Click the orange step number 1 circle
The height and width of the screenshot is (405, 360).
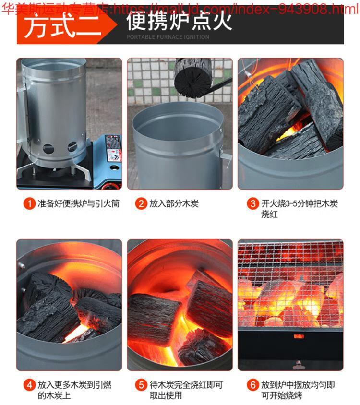pos(29,203)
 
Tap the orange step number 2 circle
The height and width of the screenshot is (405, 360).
pos(141,203)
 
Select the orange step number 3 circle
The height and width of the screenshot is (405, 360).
pos(253,203)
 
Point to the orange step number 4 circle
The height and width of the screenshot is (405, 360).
pos(29,385)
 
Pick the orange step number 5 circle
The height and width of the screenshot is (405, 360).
pos(141,385)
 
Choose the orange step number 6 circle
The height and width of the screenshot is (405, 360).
pos(253,385)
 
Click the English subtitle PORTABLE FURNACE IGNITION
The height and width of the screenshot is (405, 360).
pos(168,37)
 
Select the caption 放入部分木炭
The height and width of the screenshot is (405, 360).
pos(174,203)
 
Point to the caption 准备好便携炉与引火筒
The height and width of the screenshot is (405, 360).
pos(79,203)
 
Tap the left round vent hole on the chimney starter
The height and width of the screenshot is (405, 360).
pos(48,149)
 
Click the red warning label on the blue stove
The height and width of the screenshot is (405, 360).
pos(113,147)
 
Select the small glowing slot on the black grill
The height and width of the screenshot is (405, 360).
pos(299,336)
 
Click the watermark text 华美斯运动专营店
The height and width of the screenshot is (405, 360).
pos(56,9)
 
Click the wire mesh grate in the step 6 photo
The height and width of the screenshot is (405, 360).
pos(290,284)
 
